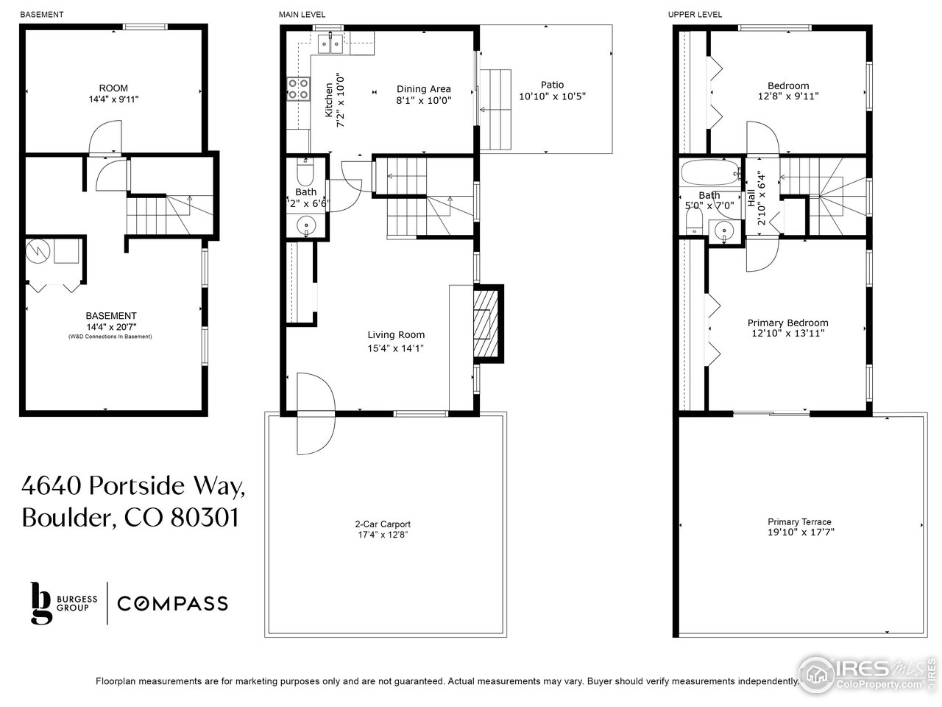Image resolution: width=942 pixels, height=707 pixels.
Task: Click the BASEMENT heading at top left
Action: click(x=41, y=15)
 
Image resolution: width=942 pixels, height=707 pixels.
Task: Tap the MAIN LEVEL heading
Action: click(x=302, y=15)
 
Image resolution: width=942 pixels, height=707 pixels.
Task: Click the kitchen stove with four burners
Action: click(x=298, y=89)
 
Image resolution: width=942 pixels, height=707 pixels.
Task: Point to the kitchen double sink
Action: click(x=329, y=45)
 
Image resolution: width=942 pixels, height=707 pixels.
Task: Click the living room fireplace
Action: click(x=486, y=323)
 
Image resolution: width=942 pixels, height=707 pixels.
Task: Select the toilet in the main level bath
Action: click(x=304, y=174)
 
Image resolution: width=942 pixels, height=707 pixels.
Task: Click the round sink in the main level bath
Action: click(x=305, y=225)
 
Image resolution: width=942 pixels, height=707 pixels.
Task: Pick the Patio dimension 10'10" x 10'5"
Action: click(x=552, y=96)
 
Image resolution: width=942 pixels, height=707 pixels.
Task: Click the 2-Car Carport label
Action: click(x=382, y=524)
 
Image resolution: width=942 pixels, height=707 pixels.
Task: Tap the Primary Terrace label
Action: click(x=798, y=521)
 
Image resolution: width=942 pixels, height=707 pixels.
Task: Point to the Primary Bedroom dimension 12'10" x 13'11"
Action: click(x=787, y=334)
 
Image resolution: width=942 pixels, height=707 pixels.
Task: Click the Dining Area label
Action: click(x=423, y=89)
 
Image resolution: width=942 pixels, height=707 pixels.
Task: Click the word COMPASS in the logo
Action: click(x=172, y=604)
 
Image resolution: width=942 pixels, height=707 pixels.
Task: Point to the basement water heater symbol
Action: click(x=36, y=252)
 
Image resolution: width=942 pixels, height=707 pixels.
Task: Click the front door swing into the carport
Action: click(x=315, y=414)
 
